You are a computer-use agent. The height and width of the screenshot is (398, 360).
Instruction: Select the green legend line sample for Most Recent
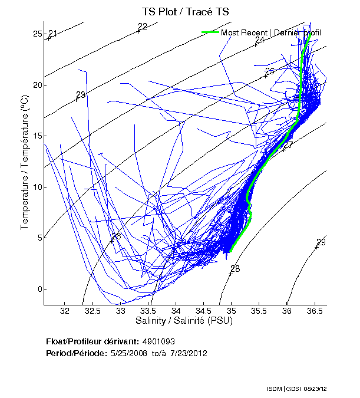coord(210,32)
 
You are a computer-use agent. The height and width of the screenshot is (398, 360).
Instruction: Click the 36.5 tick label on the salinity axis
coord(315,310)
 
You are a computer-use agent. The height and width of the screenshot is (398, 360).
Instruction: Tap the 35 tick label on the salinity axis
coord(232,310)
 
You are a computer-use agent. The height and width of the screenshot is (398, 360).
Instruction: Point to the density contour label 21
coord(52,34)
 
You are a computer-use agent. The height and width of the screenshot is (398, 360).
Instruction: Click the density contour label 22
coord(142,26)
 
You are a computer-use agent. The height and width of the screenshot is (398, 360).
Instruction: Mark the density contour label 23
coord(81,95)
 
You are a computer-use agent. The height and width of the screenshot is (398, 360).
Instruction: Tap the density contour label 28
coord(235,269)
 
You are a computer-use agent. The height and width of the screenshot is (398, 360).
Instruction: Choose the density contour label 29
coord(321,242)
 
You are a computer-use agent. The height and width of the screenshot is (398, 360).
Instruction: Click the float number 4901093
coord(158,341)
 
